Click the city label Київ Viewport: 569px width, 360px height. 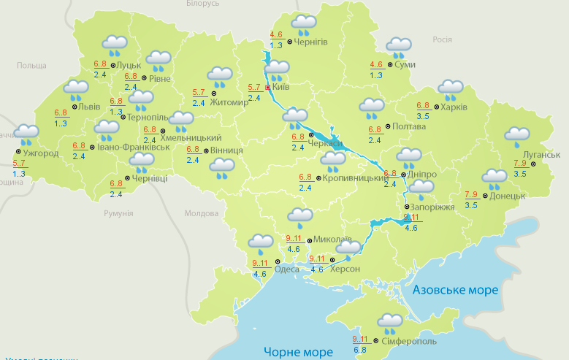pos(281,87)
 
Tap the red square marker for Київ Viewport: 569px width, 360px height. pos(268,87)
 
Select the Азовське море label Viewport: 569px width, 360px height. pos(455,290)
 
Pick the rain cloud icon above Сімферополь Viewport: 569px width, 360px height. pos(391,323)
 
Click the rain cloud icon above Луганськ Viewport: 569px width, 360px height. pos(518,137)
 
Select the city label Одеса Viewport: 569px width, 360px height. pos(286,269)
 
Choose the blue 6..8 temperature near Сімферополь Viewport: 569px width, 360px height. pos(361,350)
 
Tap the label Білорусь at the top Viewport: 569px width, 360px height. pos(202,4)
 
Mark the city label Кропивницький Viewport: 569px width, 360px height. pos(354,177)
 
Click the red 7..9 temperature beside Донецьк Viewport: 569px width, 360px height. pos(472,194)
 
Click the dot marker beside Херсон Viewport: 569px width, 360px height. pos(333,259)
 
